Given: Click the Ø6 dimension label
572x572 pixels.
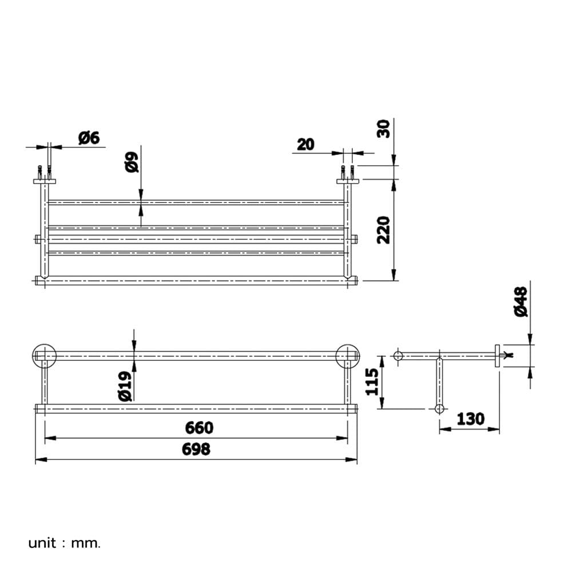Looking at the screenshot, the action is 89,138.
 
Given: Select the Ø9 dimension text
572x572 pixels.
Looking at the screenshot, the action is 132,162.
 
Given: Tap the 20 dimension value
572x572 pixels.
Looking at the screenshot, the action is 305,145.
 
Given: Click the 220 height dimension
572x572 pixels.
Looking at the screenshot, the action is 383,230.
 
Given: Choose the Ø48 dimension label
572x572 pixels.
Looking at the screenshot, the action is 521,301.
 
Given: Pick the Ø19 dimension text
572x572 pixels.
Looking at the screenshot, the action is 125,386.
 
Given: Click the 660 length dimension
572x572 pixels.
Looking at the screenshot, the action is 199,427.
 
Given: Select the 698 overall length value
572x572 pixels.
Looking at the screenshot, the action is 196,449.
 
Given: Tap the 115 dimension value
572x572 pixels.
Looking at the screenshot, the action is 372,382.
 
